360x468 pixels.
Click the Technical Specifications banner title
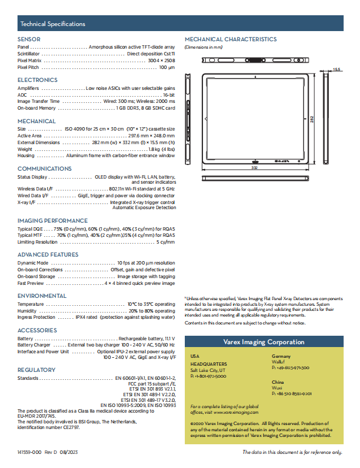(x=53, y=24)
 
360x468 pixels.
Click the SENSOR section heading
(x=29, y=39)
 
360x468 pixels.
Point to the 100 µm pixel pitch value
(x=167, y=67)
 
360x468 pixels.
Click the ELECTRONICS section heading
(x=37, y=80)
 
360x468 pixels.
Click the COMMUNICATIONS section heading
(x=45, y=169)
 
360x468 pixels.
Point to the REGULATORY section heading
(x=37, y=370)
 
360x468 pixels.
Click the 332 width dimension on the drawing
(x=254, y=168)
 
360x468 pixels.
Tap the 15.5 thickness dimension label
(x=336, y=70)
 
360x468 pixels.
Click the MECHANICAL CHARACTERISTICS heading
(x=231, y=40)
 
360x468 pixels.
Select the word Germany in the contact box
(x=281, y=357)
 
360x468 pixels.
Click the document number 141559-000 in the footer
(x=29, y=452)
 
